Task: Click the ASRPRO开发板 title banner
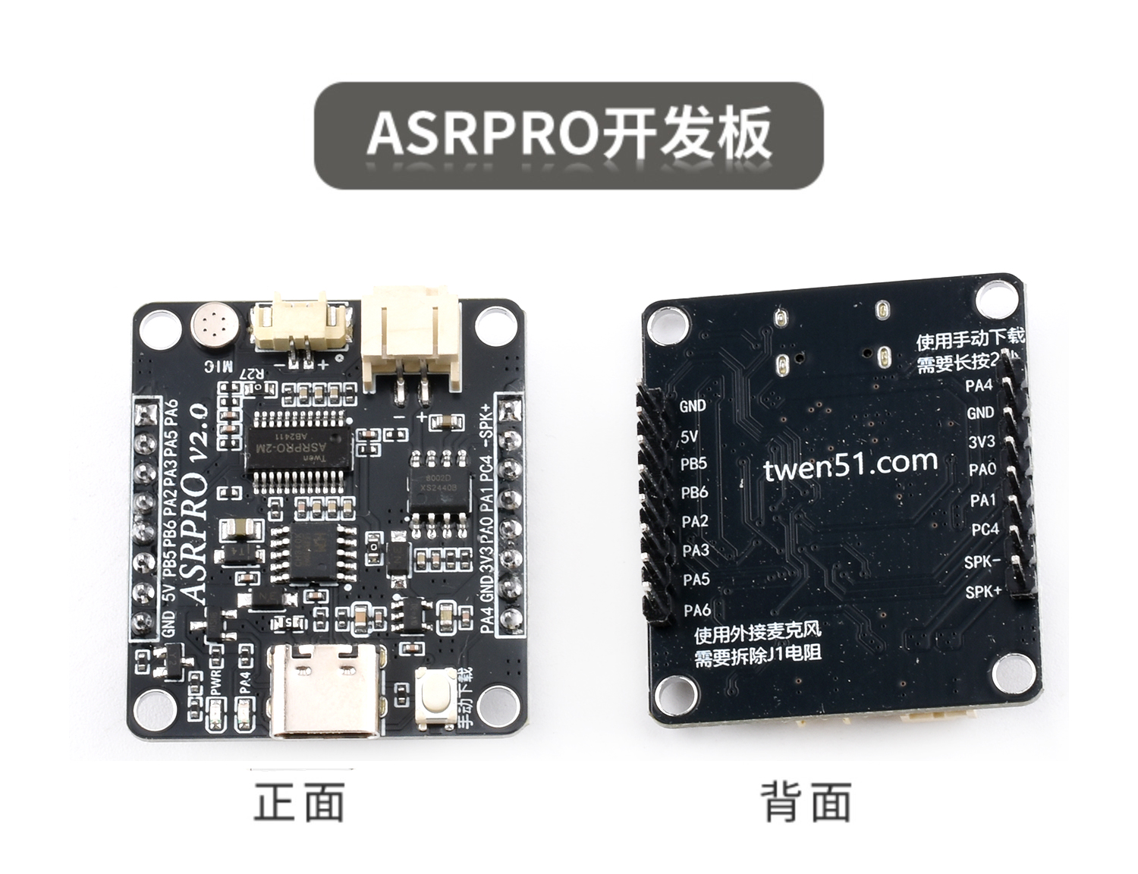click(x=569, y=135)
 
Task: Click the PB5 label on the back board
click(x=693, y=464)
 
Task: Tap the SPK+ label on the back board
click(x=983, y=591)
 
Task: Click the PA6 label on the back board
click(x=696, y=609)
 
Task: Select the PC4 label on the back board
click(x=986, y=530)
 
